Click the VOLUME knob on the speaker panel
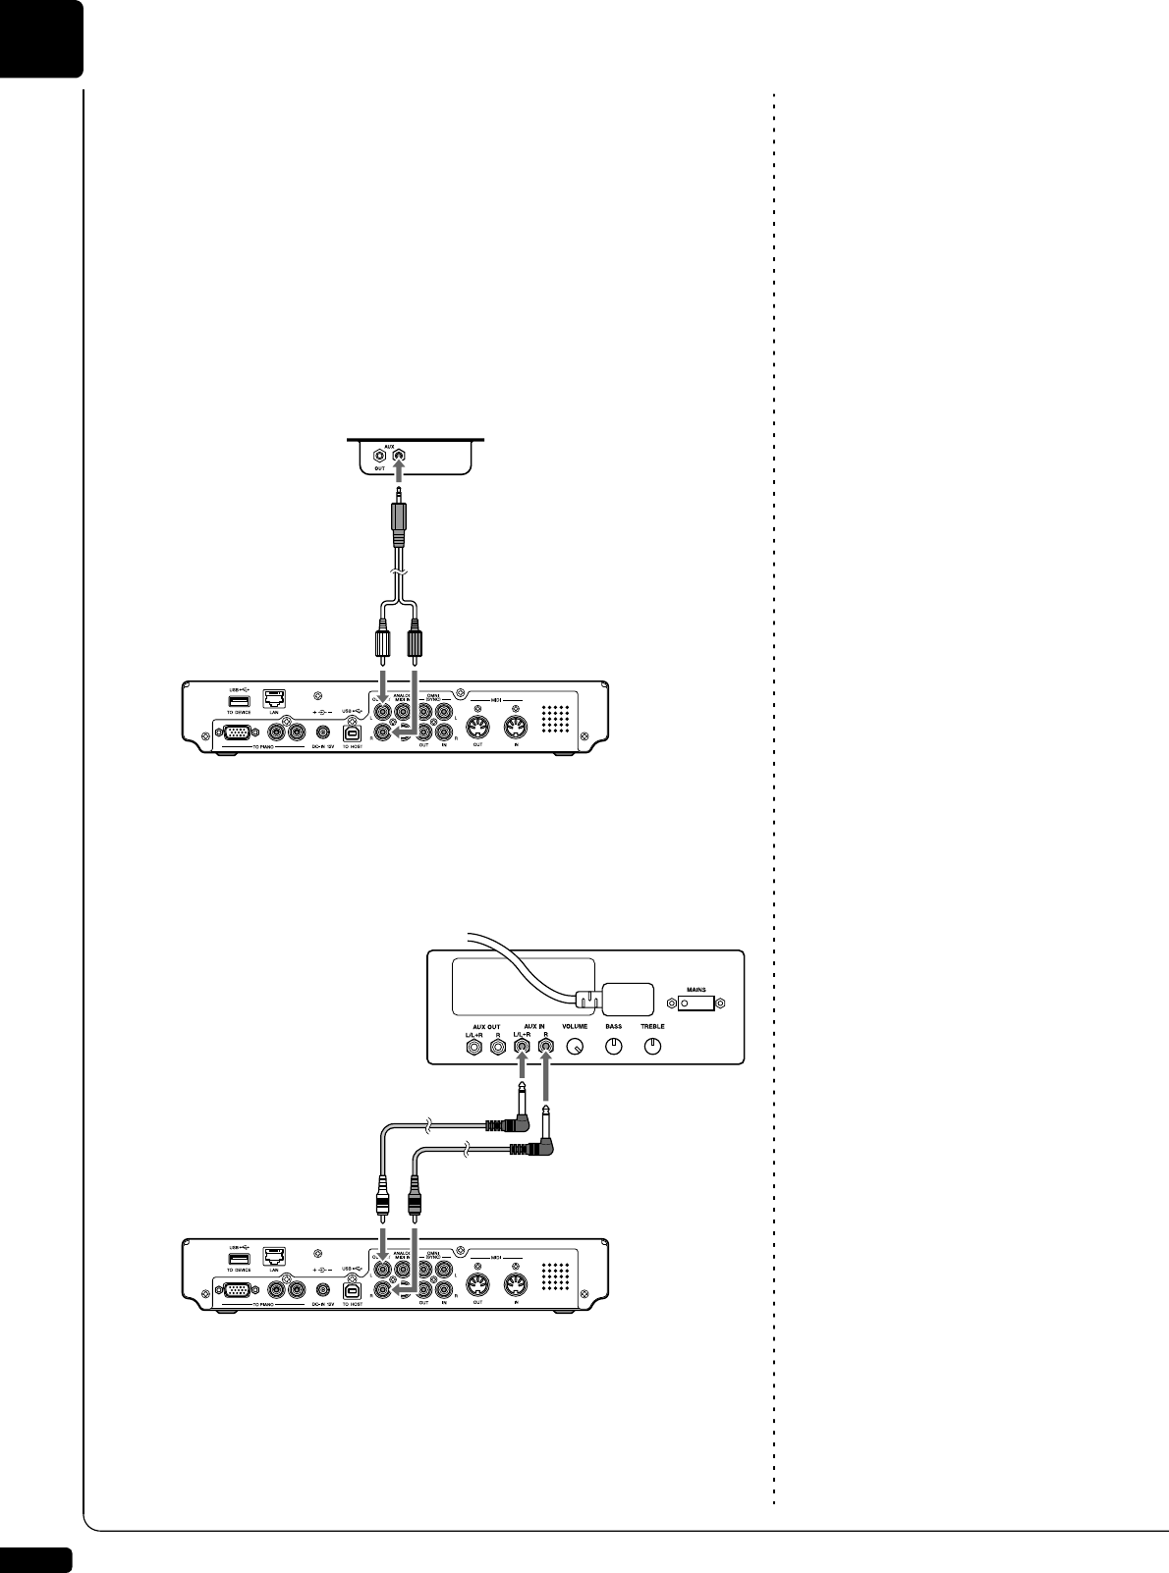click(577, 1047)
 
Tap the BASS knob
click(614, 1047)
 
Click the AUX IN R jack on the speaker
click(546, 1047)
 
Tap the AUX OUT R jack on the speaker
click(499, 1047)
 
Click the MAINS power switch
click(696, 1003)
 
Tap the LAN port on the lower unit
click(275, 1260)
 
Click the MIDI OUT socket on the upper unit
click(477, 730)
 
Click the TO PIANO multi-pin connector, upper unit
click(236, 732)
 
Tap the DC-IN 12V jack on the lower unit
click(322, 1291)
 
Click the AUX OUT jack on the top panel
click(378, 456)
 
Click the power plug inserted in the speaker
click(587, 1000)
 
